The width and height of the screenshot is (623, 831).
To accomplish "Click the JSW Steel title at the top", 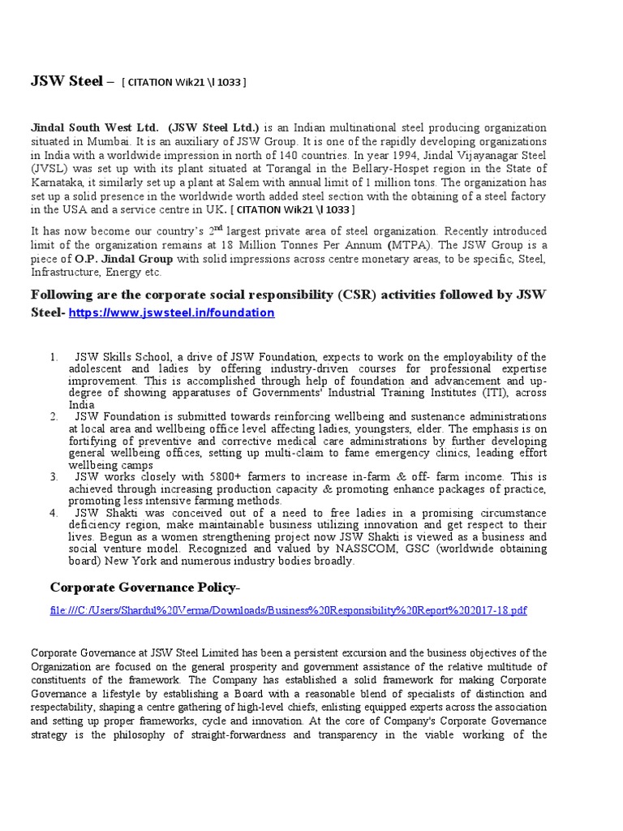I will click(67, 81).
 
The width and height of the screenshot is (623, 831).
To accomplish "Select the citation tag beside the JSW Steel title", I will click(184, 82).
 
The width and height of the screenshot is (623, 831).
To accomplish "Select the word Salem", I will click(244, 181).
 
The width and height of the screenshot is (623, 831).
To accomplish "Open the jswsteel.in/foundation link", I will click(172, 312).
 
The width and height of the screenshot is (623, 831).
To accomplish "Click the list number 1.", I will click(54, 357).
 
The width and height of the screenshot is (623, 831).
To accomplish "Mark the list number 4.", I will click(54, 513).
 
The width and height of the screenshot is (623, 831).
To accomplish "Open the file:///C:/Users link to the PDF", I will click(288, 609).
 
